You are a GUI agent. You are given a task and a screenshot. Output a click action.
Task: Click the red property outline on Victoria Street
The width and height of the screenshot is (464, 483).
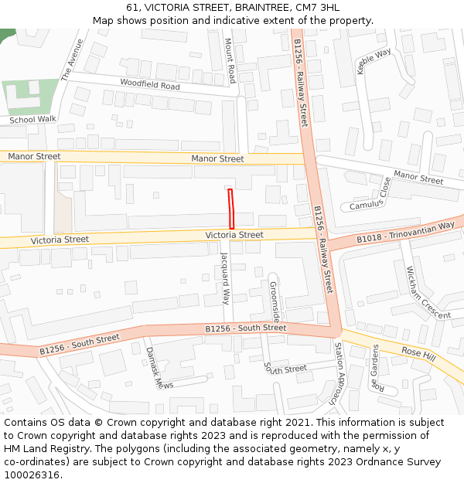[x=230, y=209]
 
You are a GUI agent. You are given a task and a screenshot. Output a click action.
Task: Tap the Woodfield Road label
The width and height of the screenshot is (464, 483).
[x=150, y=84]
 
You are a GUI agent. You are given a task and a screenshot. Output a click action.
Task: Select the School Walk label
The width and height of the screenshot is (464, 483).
[x=33, y=120]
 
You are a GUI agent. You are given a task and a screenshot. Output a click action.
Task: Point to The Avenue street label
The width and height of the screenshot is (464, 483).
[x=71, y=60]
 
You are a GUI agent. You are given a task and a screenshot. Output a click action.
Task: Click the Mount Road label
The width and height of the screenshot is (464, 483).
[x=230, y=60]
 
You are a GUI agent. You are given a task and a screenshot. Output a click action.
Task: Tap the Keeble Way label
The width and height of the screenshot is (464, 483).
[x=374, y=61]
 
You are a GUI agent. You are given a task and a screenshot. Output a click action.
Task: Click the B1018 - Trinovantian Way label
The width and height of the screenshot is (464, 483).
[x=405, y=233]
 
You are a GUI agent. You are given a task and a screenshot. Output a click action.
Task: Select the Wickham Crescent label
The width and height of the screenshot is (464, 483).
[x=428, y=293]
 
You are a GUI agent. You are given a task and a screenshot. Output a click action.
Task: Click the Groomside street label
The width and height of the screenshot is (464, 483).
[x=275, y=302]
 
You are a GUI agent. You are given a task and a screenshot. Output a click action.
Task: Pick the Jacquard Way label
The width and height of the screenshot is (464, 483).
[x=225, y=277]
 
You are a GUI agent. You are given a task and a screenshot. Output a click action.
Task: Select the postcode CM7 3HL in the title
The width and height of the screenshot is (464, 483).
[x=318, y=7]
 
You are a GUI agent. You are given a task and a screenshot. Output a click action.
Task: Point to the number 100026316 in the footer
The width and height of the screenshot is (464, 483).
[x=30, y=474]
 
